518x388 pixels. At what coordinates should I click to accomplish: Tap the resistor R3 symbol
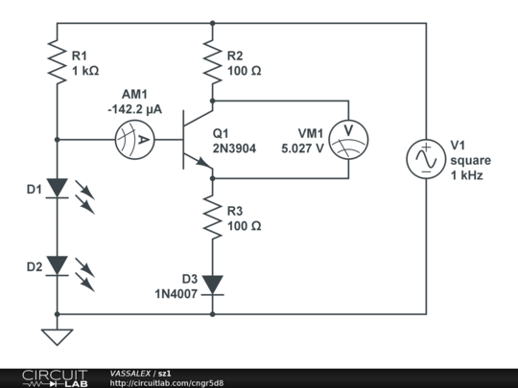point(212,217)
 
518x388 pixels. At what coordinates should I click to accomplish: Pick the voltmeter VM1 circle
point(347,140)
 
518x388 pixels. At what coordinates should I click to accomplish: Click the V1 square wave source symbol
point(424,158)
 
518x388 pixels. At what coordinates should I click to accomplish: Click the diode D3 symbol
point(212,284)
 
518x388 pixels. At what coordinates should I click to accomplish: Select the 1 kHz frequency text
point(466,176)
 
